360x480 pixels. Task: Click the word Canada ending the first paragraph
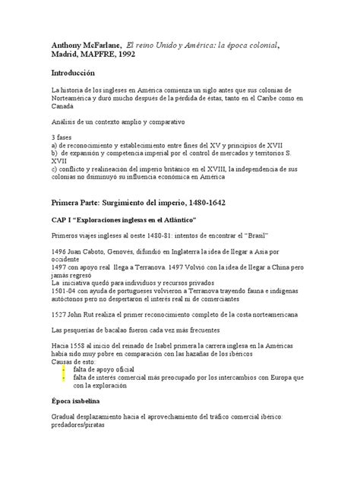[x=64, y=107]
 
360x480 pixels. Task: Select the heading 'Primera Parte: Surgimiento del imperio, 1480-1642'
[x=144, y=205]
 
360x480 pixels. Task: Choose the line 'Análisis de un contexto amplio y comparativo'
[x=122, y=121]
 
